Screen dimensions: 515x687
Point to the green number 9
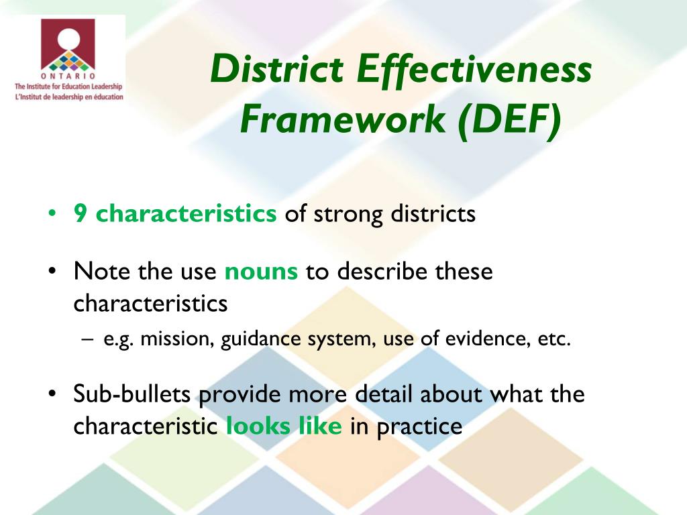coord(80,215)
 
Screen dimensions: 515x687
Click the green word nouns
coord(261,272)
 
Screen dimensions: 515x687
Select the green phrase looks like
coord(284,426)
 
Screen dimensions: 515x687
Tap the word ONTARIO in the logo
coord(67,76)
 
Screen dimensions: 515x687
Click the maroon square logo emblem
coord(68,44)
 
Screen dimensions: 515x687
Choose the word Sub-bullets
coord(132,394)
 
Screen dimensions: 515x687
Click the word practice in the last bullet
coord(419,426)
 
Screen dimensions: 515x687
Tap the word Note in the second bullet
coord(97,272)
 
